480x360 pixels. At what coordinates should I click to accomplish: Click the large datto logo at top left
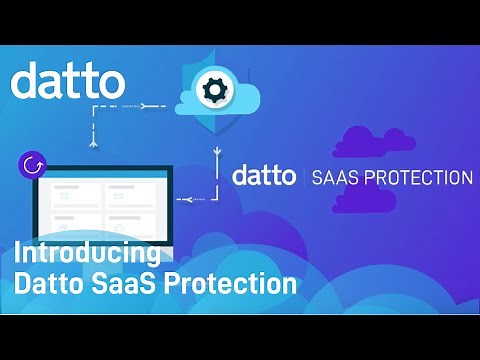pyautogui.click(x=68, y=79)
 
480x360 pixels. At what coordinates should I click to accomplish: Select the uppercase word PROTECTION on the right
pyautogui.click(x=419, y=178)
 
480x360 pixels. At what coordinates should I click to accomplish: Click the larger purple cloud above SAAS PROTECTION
pyautogui.click(x=376, y=143)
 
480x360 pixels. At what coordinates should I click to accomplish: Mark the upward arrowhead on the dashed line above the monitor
pyautogui.click(x=93, y=141)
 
